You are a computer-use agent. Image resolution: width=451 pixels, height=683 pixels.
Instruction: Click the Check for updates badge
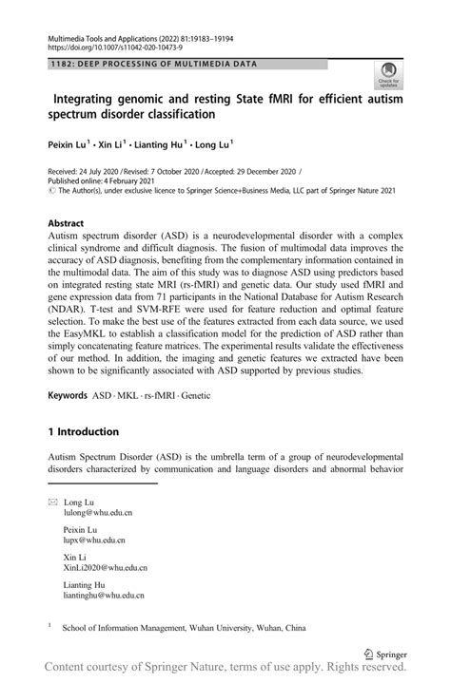[x=388, y=73]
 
